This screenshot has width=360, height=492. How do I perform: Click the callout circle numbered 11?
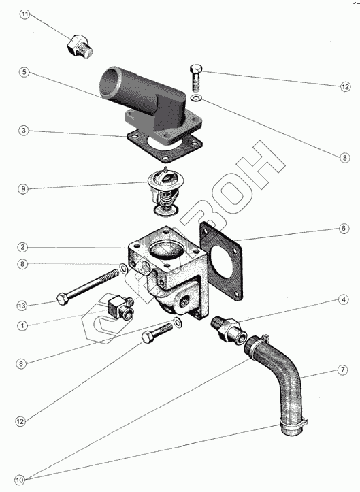coord(25,14)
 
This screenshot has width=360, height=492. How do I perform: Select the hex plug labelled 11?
coord(80,48)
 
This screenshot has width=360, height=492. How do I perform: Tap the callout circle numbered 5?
coord(24,72)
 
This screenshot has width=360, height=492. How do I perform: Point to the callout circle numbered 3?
coord(24,130)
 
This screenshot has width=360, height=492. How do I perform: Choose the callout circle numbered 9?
coord(23,189)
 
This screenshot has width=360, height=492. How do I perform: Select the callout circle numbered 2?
coord(22,247)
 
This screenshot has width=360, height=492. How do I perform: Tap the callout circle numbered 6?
coord(344,228)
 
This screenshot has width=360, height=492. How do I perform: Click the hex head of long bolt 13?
coord(63,299)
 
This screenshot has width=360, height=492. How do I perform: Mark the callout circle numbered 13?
coord(22,306)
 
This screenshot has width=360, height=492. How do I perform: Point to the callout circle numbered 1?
coord(22,326)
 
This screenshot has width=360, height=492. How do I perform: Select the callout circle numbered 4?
coord(344,299)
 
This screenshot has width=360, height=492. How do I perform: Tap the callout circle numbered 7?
coord(342,370)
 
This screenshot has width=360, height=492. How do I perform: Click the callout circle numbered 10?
coord(20,480)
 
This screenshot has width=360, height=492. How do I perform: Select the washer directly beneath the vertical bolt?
coord(196,98)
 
